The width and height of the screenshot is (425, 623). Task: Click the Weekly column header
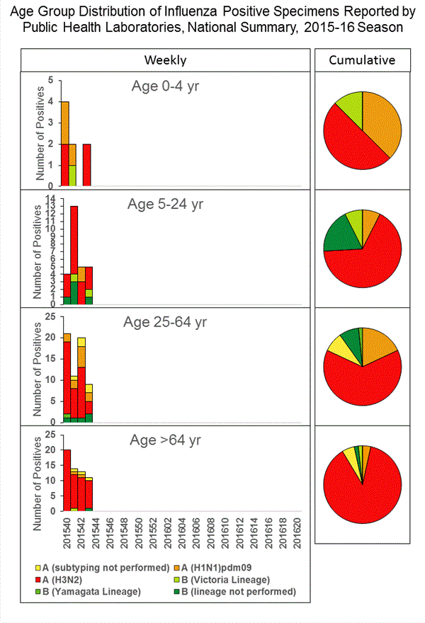[x=166, y=60]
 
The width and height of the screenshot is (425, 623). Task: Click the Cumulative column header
[x=362, y=60]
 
